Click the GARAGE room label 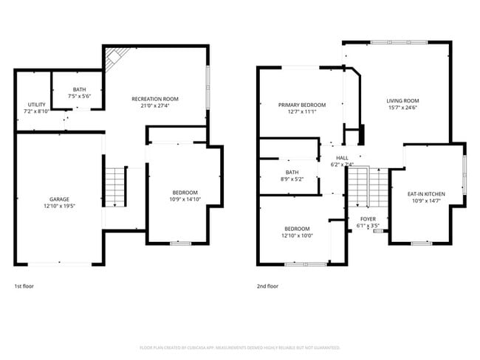coord(59,199)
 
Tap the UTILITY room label coord(37,105)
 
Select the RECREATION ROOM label coord(155,99)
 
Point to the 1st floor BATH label coord(79,89)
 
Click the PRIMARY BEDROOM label coord(302,105)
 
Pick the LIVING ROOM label coord(402,101)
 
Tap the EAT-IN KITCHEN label coord(427,194)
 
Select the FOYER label coord(368,219)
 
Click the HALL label coord(342,158)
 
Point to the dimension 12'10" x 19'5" coord(59,206)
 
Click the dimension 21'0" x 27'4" coord(155,105)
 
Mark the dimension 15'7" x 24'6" coord(402,108)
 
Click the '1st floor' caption coord(24,285)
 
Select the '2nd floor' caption coord(267,285)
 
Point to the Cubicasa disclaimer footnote coord(239,347)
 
